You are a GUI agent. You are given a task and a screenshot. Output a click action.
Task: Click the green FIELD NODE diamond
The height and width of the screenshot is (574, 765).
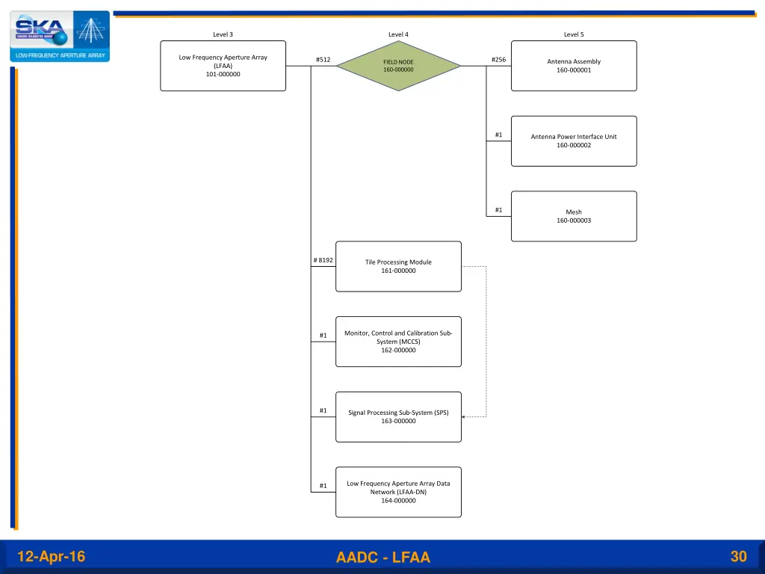[x=398, y=66]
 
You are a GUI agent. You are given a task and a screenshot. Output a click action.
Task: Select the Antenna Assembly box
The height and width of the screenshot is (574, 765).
[x=574, y=66]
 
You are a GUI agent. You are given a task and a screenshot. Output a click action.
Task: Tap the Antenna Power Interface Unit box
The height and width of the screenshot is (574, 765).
[x=574, y=141]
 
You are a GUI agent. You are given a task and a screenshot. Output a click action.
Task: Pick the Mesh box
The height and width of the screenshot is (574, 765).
[x=574, y=216]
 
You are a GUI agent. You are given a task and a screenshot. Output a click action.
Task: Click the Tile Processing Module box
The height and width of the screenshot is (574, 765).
[x=398, y=266]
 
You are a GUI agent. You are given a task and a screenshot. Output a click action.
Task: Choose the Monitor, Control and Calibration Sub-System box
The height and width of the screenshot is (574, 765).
[x=398, y=342]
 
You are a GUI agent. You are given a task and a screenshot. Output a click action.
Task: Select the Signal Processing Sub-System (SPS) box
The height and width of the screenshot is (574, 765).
[x=398, y=416]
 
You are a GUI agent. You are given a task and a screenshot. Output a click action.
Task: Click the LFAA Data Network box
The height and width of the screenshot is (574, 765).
[x=398, y=492]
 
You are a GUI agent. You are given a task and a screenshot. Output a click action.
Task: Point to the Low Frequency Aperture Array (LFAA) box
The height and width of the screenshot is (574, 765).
[x=223, y=66]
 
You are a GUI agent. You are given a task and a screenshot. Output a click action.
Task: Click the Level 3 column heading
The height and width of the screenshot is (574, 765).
[x=223, y=34]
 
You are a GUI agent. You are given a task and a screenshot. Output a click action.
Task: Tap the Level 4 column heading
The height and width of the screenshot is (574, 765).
[x=398, y=34]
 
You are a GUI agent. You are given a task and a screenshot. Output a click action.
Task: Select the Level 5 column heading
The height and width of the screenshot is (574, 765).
[x=574, y=34]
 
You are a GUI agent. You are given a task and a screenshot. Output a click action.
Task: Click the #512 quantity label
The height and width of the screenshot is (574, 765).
[x=323, y=60]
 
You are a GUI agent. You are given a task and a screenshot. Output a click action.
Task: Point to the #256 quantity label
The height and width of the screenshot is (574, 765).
[x=498, y=60]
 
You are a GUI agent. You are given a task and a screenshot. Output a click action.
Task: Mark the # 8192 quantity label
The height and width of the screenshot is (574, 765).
[x=323, y=260]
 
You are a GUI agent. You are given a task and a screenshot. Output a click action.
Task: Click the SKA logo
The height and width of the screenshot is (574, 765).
[x=60, y=36]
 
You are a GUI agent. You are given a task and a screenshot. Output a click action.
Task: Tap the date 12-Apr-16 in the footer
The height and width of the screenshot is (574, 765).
[x=51, y=557]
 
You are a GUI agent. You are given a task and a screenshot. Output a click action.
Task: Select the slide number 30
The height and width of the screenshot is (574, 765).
[x=738, y=556]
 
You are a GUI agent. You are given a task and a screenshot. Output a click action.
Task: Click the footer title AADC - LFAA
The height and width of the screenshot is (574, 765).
[x=383, y=558]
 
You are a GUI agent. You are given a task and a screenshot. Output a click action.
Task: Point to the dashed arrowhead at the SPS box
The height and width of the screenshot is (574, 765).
[x=464, y=417]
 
